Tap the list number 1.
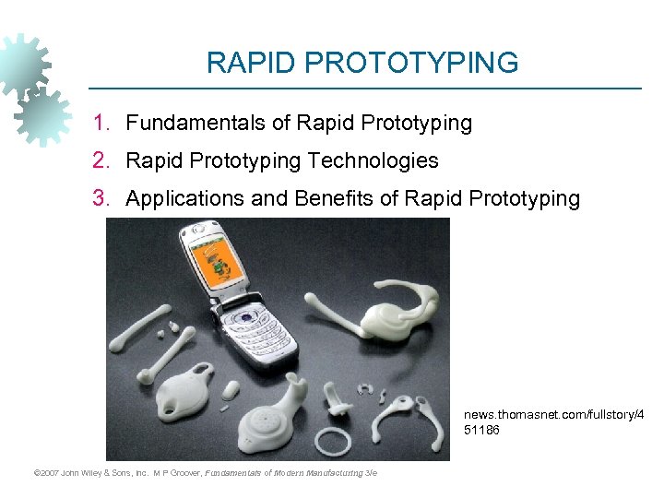pos(102,123)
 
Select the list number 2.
pos(102,160)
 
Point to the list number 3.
pos(102,198)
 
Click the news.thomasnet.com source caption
pos(553,422)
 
